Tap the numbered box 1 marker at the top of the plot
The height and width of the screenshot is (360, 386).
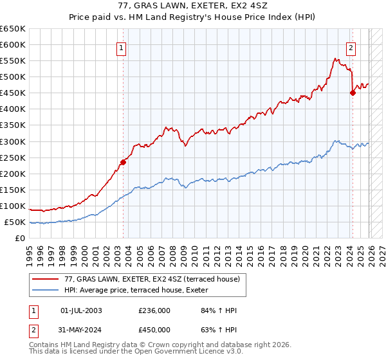pos(122,46)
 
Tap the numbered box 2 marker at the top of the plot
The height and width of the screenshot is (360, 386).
pos(351,46)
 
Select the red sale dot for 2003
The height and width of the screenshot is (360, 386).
pos(123,162)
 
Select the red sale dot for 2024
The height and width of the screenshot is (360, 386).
pos(353,93)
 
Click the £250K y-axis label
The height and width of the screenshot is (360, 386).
pos(13,157)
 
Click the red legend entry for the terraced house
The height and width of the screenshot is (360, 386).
pos(152,278)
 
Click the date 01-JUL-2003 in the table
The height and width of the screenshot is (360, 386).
pos(80,310)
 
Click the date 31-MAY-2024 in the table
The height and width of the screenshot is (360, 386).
pos(80,330)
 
